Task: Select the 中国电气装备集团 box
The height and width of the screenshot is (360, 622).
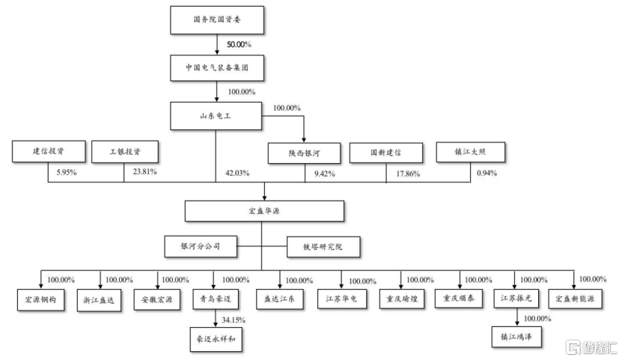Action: coord(217,67)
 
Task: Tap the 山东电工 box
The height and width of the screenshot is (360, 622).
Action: coord(217,115)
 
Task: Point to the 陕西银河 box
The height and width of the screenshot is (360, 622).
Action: coord(305,153)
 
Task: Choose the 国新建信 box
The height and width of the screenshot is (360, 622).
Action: coord(386,153)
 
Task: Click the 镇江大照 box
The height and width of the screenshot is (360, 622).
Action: coord(471,153)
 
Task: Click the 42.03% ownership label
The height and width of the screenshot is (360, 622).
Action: coord(237,174)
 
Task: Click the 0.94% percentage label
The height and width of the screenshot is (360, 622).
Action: coord(487,174)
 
